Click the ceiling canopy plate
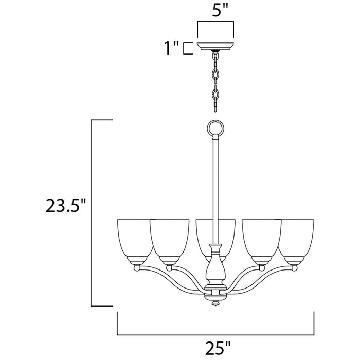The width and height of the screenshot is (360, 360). [x=215, y=44]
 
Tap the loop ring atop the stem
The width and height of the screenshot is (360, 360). [x=215, y=127]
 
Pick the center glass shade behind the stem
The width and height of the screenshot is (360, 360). [x=215, y=231]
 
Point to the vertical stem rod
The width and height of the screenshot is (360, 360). [x=215, y=185]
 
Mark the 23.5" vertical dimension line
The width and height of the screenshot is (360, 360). [x=92, y=212]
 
